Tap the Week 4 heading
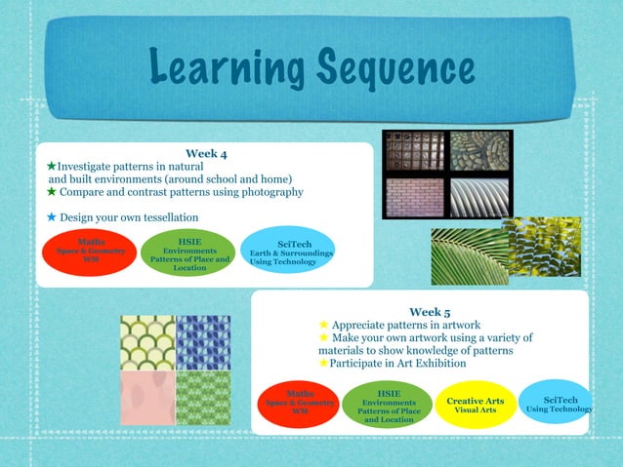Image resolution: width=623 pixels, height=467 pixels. click(x=206, y=154)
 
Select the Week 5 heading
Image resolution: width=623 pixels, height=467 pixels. click(x=430, y=312)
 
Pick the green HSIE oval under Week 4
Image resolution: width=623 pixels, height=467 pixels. click(x=189, y=253)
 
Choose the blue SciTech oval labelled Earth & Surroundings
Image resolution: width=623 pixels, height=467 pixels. click(x=290, y=252)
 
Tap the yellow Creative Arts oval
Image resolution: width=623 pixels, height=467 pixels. click(x=476, y=405)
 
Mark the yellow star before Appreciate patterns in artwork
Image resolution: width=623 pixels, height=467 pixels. click(x=324, y=325)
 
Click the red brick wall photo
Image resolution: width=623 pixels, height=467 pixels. click(x=414, y=197)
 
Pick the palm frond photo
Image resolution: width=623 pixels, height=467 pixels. click(x=470, y=256)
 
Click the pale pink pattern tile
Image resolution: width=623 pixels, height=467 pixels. click(x=146, y=397)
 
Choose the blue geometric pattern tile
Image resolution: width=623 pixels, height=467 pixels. click(x=203, y=341)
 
